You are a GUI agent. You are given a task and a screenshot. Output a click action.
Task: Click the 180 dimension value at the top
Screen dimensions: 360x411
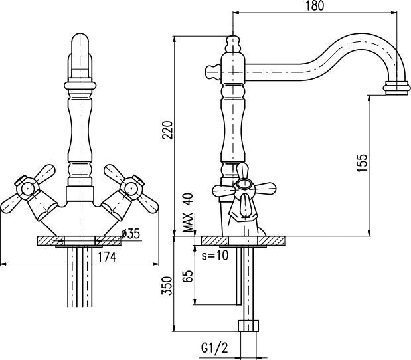pos(315,7)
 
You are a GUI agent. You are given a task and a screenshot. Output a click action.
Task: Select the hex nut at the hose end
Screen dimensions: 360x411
pos(249,327)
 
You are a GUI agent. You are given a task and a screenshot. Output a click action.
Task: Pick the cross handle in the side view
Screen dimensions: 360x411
pos(242,191)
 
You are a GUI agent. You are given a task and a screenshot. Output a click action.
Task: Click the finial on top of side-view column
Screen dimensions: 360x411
pos(232,44)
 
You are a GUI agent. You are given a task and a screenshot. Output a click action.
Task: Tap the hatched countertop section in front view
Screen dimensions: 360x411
pos(50,240)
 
